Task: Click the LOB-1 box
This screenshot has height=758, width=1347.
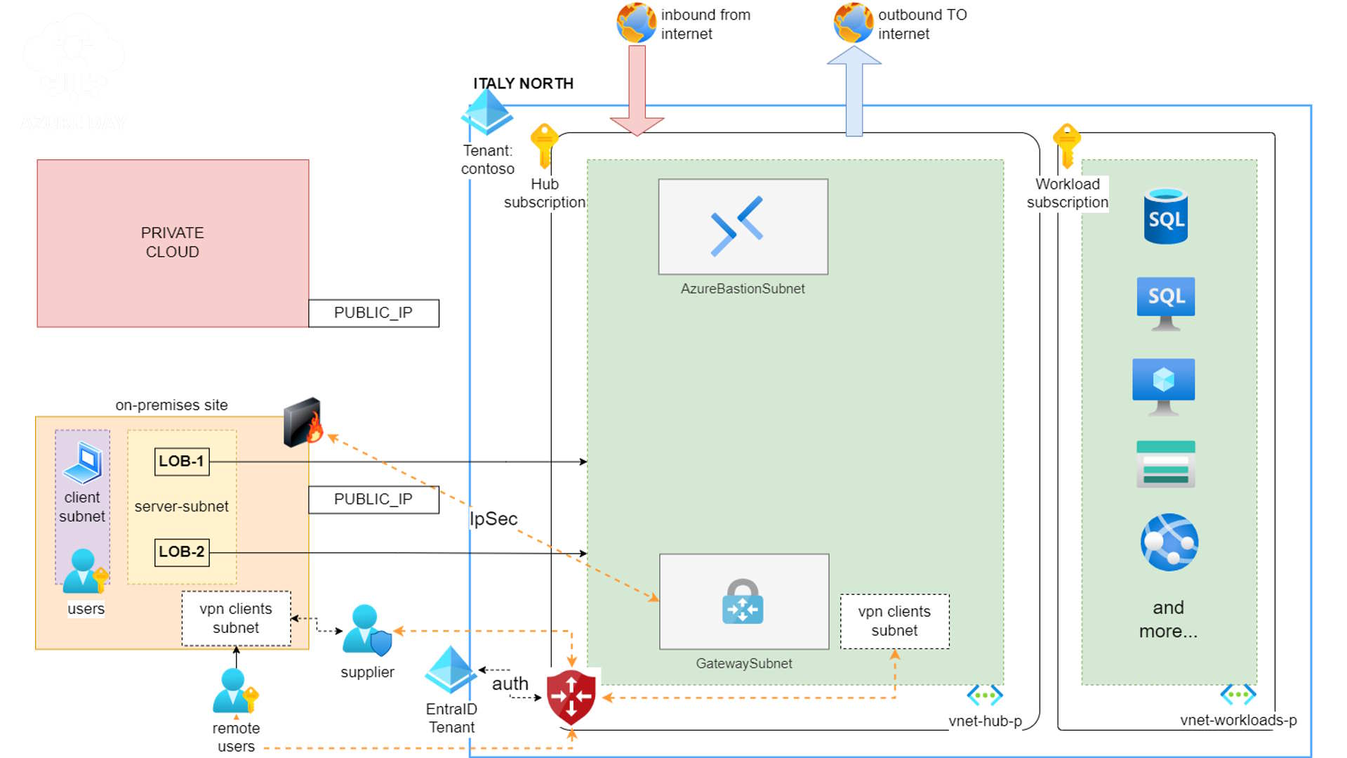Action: (x=181, y=462)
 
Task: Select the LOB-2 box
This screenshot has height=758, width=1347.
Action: (x=181, y=552)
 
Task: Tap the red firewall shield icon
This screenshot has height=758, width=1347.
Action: (x=571, y=697)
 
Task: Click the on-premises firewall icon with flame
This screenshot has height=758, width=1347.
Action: (x=303, y=422)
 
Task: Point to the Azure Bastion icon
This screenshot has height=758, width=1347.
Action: (x=737, y=226)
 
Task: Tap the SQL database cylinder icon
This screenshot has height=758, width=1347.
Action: (x=1165, y=216)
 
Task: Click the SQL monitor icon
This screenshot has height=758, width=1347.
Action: (x=1165, y=303)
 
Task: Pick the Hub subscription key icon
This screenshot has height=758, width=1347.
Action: (x=544, y=145)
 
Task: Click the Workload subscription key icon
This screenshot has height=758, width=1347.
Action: (x=1066, y=145)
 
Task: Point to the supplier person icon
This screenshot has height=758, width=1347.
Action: (x=366, y=629)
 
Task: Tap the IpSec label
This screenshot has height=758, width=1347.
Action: (x=493, y=518)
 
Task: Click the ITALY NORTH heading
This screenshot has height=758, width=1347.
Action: (x=523, y=84)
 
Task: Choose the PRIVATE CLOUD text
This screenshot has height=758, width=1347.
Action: (x=172, y=242)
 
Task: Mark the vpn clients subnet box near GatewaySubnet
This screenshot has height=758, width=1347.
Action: (x=894, y=621)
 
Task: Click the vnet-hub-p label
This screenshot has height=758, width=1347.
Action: (x=985, y=721)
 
